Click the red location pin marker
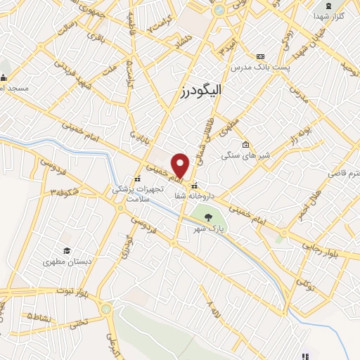181,165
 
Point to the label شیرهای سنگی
240,155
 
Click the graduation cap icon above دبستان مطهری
67,250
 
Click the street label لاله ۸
210,307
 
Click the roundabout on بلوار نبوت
106,308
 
